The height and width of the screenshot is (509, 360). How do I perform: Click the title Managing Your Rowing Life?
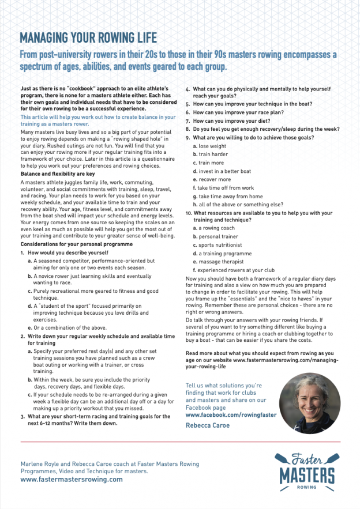point(88,39)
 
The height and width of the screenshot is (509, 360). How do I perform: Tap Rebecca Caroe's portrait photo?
point(309,403)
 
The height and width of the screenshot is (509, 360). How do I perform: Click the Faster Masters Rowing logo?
point(307,470)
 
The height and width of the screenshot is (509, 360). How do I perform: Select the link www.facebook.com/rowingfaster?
point(231,414)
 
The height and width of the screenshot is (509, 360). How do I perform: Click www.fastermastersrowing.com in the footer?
point(72,479)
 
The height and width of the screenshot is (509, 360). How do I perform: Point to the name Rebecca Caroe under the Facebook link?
point(208,425)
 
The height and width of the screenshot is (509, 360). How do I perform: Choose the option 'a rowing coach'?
point(216,228)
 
